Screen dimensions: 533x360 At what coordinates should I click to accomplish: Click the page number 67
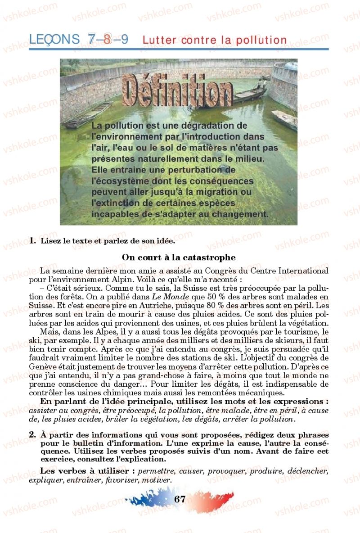[180, 499]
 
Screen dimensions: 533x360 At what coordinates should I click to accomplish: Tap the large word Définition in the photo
[177, 94]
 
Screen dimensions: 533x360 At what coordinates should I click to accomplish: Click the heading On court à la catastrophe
[179, 257]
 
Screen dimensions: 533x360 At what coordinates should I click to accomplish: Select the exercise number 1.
[32, 241]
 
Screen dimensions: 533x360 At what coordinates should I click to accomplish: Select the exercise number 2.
[32, 435]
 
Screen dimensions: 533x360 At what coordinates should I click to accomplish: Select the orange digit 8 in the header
[107, 40]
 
